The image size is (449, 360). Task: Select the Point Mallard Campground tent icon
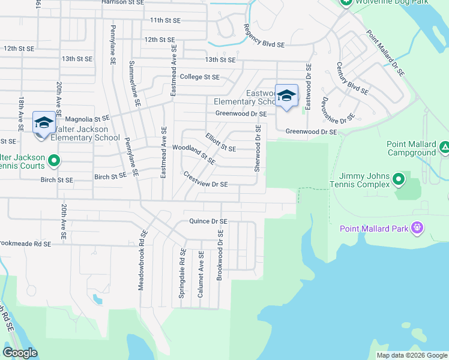click(x=445, y=147)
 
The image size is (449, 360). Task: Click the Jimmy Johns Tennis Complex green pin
click(x=398, y=179)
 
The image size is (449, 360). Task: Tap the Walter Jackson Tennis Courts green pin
click(x=53, y=160)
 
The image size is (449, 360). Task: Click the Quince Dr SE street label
click(x=208, y=221)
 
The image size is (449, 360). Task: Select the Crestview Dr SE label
click(x=205, y=180)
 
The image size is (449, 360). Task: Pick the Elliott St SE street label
click(x=220, y=142)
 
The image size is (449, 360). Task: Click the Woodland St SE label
click(x=194, y=152)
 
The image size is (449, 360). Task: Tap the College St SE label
click(x=200, y=77)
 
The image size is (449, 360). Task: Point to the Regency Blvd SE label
click(x=264, y=35)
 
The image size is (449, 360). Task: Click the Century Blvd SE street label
click(x=352, y=78)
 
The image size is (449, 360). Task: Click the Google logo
click(x=20, y=353)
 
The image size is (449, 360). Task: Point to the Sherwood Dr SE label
click(x=258, y=148)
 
